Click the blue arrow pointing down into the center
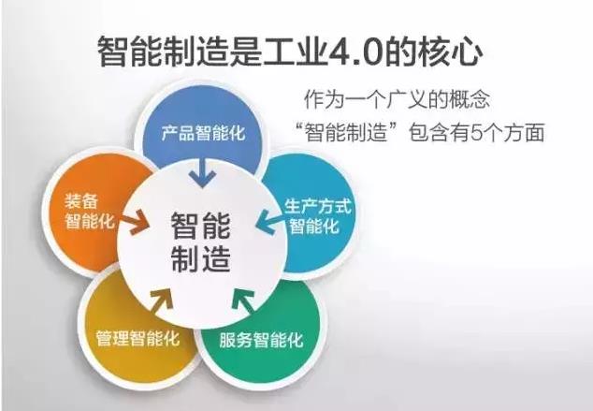pos(203,173)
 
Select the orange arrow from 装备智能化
pos(135,222)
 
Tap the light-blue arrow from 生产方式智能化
pos(269,222)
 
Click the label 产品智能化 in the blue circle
pos(203,133)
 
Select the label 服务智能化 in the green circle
pos(261,340)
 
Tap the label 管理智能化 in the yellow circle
pos(137,338)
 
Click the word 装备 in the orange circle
pos(81,201)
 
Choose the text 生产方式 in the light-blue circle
pos(318,207)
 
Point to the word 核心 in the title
pos(449,51)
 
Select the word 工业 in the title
pos(295,51)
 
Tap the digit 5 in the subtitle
pos(477,133)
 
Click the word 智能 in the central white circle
pos(200,226)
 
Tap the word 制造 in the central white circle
pos(200,258)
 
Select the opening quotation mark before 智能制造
pos(300,126)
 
